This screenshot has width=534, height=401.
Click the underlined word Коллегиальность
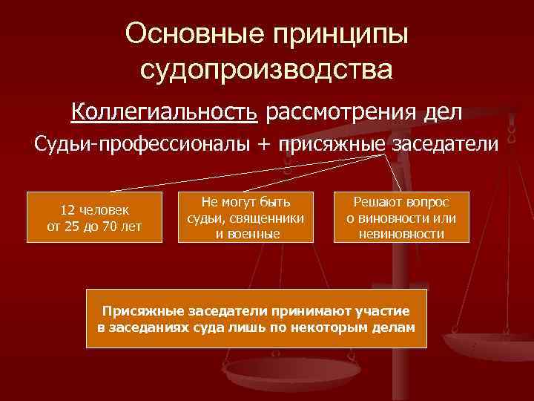pyautogui.click(x=165, y=112)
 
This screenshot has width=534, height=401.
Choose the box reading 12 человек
pyautogui.click(x=93, y=217)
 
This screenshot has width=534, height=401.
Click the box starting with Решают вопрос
pyautogui.click(x=401, y=217)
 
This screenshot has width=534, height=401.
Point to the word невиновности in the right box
pyautogui.click(x=401, y=233)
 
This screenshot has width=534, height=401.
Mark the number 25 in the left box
pyautogui.click(x=70, y=226)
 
